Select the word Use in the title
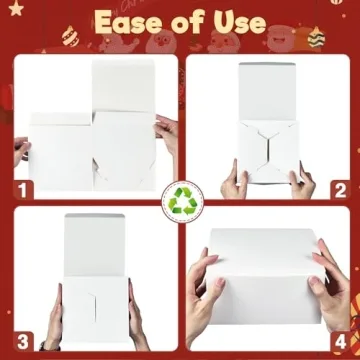tap(245, 22)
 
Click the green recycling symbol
tap(181, 202)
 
